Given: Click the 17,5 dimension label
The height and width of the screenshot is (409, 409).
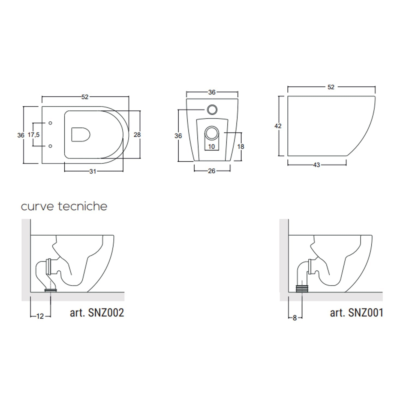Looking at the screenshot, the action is (x=34, y=135).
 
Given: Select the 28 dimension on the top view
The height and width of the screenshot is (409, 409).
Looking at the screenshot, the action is (x=137, y=134).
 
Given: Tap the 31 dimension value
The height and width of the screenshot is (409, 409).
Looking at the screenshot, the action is (x=93, y=171).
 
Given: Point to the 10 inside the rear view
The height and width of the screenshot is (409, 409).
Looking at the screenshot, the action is (x=212, y=146).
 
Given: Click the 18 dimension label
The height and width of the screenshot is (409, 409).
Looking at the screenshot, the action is (x=240, y=146).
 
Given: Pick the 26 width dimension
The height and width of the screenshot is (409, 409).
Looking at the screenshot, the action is (x=212, y=171).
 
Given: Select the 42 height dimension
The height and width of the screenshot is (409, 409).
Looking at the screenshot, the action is (x=278, y=126).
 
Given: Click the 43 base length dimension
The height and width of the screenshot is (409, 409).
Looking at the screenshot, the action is (x=317, y=165).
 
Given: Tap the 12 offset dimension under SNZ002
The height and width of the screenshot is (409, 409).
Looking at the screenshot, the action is (x=40, y=316).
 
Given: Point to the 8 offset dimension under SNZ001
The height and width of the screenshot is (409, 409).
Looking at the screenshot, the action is (x=295, y=318).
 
